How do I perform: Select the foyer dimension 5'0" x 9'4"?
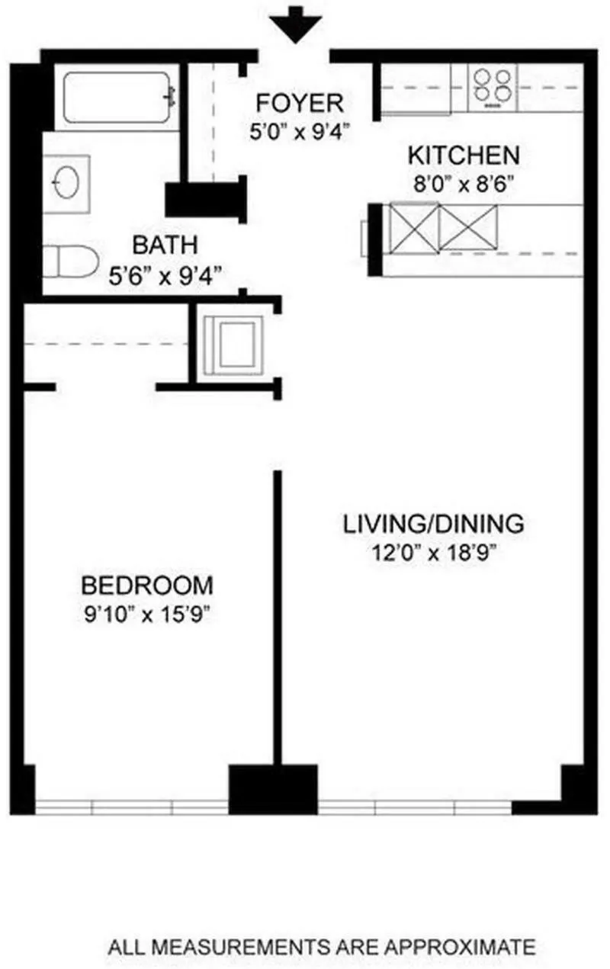300,132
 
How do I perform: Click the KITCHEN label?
464,156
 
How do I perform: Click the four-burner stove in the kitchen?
493,85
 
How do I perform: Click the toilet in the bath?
69,262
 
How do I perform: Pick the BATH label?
165,245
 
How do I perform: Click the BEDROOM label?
147,586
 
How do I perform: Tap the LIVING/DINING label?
433,525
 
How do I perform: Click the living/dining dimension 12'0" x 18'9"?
433,553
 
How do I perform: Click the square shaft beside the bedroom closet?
233,345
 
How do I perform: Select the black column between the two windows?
273,788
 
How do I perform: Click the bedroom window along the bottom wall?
131,807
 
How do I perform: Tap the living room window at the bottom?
415,807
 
